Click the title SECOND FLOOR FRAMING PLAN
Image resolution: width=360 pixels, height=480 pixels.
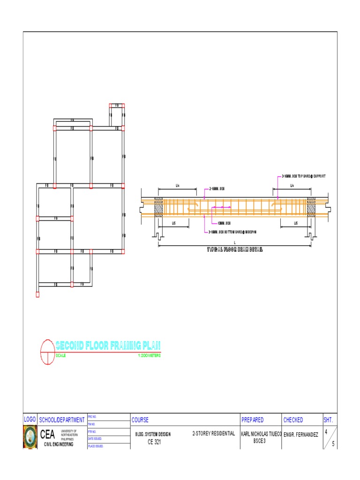click(108, 346)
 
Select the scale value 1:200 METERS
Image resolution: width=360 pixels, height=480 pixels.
click(149, 356)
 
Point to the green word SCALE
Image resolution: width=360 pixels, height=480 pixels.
click(61, 356)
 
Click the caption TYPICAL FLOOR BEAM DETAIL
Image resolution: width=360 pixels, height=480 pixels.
click(235, 250)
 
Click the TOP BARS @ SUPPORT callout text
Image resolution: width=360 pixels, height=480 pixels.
click(303, 176)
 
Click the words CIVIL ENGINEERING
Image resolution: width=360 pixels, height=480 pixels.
click(59, 444)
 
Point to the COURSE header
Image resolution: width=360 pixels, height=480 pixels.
click(140, 420)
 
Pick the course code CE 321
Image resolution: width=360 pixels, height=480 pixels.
click(154, 442)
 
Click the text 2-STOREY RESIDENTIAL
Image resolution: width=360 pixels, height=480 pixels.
click(213, 434)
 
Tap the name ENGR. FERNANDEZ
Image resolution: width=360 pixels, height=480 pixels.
click(301, 435)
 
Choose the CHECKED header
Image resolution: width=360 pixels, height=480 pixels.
click(293, 420)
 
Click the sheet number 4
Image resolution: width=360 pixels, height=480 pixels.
click(326, 432)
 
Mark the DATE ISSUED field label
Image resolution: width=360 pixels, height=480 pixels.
click(95, 439)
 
